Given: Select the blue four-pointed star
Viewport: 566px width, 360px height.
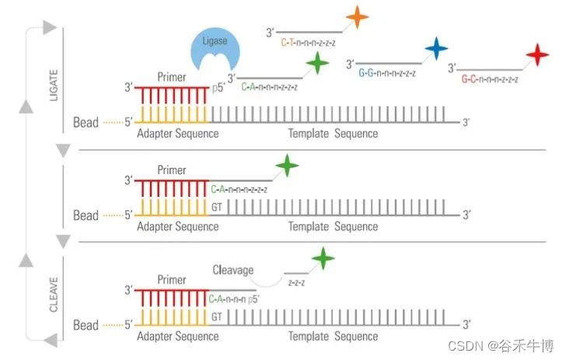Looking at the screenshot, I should click(436, 49).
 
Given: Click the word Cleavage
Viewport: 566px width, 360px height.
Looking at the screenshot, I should click(233, 270).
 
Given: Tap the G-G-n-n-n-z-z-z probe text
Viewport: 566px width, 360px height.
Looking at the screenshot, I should click(386, 73).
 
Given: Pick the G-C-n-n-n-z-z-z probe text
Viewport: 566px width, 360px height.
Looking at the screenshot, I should click(488, 79).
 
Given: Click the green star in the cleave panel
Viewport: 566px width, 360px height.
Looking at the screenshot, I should click(322, 258).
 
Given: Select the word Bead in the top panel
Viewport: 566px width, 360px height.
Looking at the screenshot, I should click(86, 122).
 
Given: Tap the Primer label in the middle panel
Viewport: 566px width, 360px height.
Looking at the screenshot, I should click(172, 170).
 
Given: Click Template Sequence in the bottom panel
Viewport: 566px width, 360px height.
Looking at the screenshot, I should click(333, 337).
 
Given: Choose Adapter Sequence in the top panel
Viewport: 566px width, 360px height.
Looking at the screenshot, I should click(177, 134).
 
